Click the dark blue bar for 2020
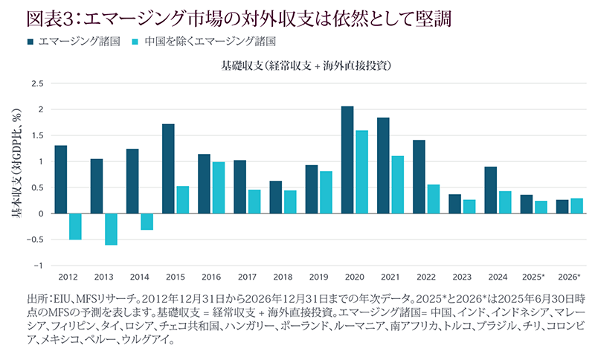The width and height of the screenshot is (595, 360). pyautogui.click(x=347, y=160)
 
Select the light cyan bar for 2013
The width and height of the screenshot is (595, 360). pyautogui.click(x=111, y=229)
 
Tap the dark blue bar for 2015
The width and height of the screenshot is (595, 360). pyautogui.click(x=168, y=169)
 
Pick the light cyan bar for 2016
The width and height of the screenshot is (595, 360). pyautogui.click(x=218, y=187)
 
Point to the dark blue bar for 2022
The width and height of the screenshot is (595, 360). pyautogui.click(x=419, y=177)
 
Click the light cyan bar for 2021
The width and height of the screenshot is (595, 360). pyautogui.click(x=397, y=184)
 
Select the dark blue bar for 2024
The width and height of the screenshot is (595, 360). pyautogui.click(x=490, y=190)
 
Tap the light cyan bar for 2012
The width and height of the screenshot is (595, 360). pyautogui.click(x=75, y=226)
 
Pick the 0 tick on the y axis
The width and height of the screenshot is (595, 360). pyautogui.click(x=42, y=213)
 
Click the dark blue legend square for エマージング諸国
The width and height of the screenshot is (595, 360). pyautogui.click(x=31, y=41)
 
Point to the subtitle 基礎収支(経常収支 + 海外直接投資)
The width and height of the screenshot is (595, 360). pyautogui.click(x=306, y=65)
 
